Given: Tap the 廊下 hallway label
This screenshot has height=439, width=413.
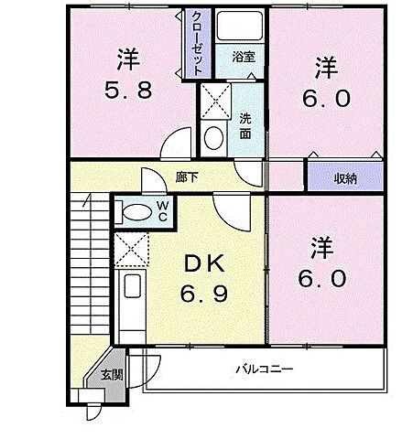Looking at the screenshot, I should pyautogui.click(x=187, y=178).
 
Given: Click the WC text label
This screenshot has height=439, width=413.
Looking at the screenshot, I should pyautogui.click(x=161, y=211).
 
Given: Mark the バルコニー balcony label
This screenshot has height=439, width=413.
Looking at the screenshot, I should pyautogui.click(x=262, y=369).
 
